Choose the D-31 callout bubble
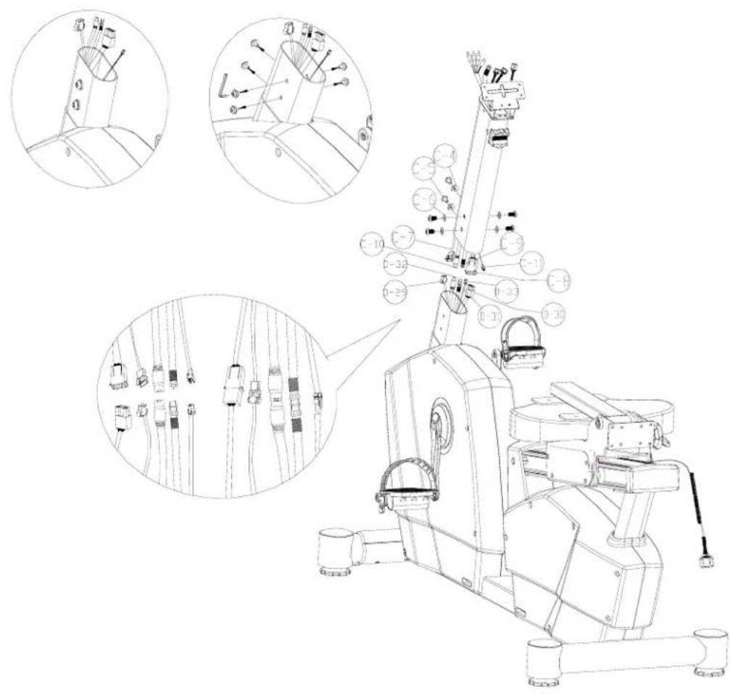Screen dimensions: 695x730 coord(490,317)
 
